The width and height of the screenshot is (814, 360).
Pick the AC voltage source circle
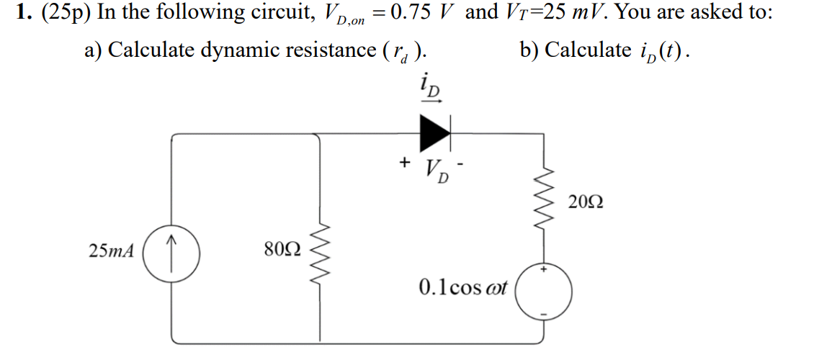[x=544, y=290]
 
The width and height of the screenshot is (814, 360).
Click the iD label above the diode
[x=431, y=89]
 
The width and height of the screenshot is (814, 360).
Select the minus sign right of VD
[x=467, y=164]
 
